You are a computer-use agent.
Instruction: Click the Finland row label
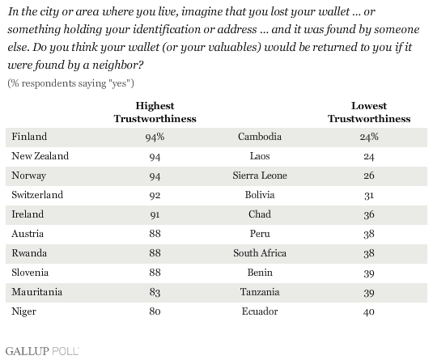(x=29, y=137)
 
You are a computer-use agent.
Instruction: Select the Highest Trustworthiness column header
(x=155, y=112)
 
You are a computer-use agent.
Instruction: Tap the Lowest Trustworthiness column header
(x=369, y=112)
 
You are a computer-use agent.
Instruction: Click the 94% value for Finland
(x=155, y=137)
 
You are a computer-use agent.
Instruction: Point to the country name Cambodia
(x=260, y=137)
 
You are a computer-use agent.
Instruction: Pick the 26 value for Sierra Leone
(x=369, y=176)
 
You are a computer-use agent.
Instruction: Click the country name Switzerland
(x=37, y=195)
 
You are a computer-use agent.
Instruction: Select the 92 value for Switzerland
(x=155, y=196)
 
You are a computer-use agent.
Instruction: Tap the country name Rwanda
(x=29, y=253)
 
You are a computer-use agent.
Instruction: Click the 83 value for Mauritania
(x=155, y=292)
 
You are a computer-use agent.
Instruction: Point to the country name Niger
(x=23, y=311)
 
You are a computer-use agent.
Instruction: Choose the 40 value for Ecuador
(x=369, y=312)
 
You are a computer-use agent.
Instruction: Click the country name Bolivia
(x=260, y=195)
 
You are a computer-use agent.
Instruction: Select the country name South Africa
(x=260, y=253)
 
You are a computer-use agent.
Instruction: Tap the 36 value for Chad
(x=369, y=214)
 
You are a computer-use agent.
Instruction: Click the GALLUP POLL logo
(x=42, y=351)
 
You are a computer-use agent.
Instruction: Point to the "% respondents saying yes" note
(x=70, y=83)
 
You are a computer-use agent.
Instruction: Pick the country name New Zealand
(x=40, y=156)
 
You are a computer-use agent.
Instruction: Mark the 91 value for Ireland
(x=155, y=214)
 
